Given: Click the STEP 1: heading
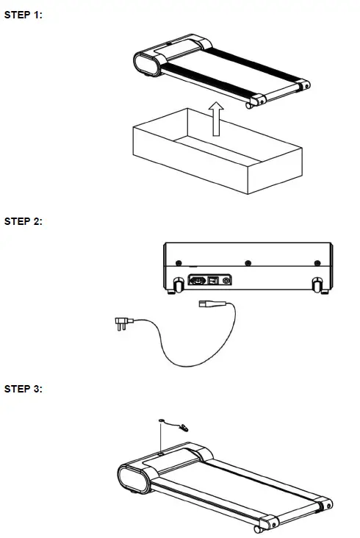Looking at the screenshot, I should tap(24, 15).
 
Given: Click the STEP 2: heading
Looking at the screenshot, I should tap(24, 221).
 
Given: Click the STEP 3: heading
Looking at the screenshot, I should tap(24, 389).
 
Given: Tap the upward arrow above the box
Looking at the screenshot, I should tap(215, 119).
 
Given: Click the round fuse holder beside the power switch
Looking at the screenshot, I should tap(226, 280).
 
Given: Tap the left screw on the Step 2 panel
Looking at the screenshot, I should tap(178, 263).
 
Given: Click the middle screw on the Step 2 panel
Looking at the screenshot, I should tap(248, 263).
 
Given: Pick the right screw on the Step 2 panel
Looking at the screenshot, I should tap(317, 263).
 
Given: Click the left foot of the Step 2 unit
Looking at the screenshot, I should tap(177, 284).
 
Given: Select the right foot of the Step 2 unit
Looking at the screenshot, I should tap(317, 284).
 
